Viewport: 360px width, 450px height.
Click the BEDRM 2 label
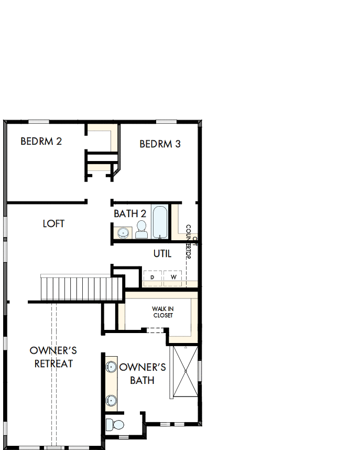click(x=41, y=141)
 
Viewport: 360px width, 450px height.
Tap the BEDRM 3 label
click(x=160, y=144)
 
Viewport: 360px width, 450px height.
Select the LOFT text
click(x=53, y=223)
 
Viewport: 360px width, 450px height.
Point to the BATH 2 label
click(x=130, y=213)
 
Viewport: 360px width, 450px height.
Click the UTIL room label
click(x=162, y=254)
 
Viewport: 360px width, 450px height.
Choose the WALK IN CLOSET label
click(x=162, y=312)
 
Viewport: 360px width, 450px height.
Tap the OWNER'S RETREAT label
click(x=53, y=357)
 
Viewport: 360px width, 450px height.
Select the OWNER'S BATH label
click(x=143, y=373)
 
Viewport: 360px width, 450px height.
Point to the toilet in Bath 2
click(x=141, y=229)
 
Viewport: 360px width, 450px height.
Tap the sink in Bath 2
click(x=124, y=232)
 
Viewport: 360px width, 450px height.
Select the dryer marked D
click(x=152, y=276)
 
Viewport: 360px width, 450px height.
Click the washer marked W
click(x=172, y=276)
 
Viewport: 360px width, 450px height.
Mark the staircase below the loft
click(x=81, y=288)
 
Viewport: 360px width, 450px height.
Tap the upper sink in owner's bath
click(x=111, y=367)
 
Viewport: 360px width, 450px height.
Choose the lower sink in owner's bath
click(x=111, y=400)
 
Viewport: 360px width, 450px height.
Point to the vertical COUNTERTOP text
click(x=189, y=247)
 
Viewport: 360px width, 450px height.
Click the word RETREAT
click(x=53, y=363)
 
